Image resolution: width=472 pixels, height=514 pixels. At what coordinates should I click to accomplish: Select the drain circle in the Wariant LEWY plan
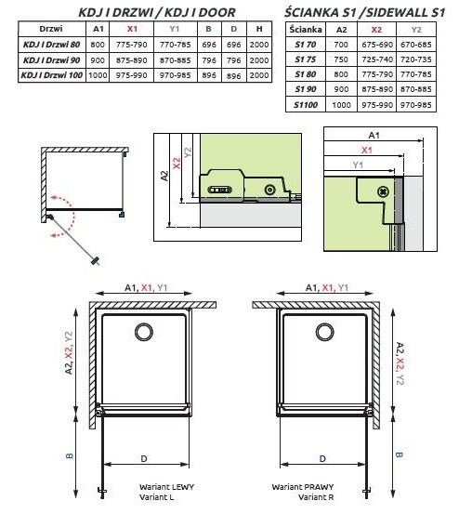coord(144,332)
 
